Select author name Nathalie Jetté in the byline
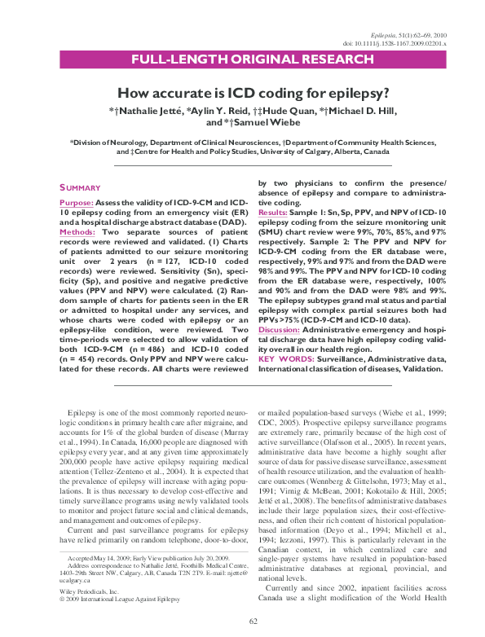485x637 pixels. click(x=147, y=109)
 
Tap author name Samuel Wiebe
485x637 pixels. click(x=253, y=122)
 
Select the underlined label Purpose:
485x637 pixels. click(x=77, y=201)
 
